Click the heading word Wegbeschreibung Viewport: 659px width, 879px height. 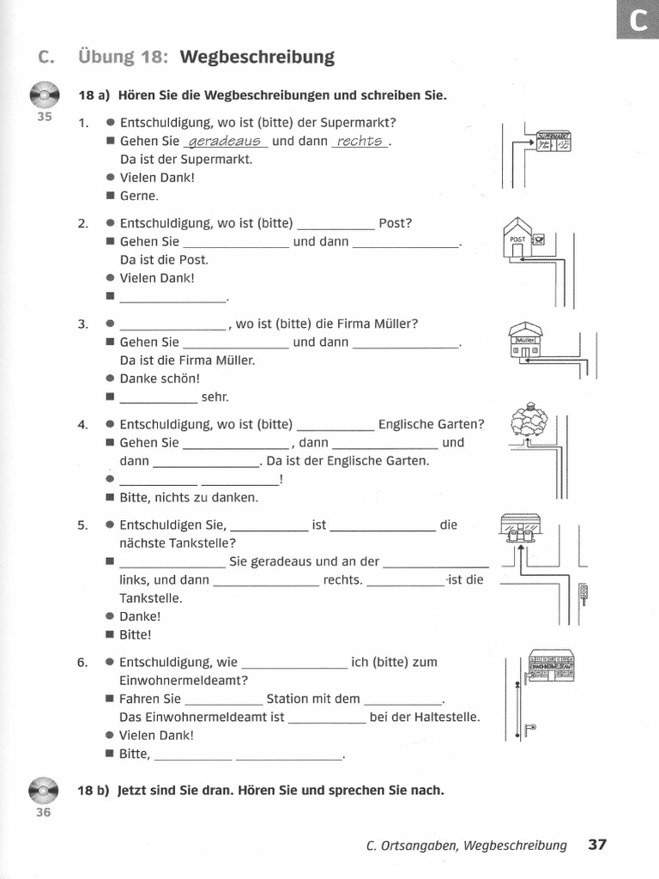[x=257, y=58]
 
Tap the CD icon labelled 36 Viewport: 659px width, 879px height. [x=44, y=791]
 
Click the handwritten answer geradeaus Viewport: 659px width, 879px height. [x=226, y=141]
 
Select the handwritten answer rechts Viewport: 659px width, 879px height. [x=360, y=141]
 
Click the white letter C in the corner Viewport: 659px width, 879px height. [x=638, y=20]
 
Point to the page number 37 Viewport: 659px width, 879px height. [x=597, y=845]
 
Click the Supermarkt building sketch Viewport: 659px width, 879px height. [x=553, y=142]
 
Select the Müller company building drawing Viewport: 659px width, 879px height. [x=524, y=343]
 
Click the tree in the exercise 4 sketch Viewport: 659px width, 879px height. [x=529, y=422]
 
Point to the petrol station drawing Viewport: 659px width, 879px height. [x=522, y=528]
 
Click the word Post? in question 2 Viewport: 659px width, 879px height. [x=396, y=223]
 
